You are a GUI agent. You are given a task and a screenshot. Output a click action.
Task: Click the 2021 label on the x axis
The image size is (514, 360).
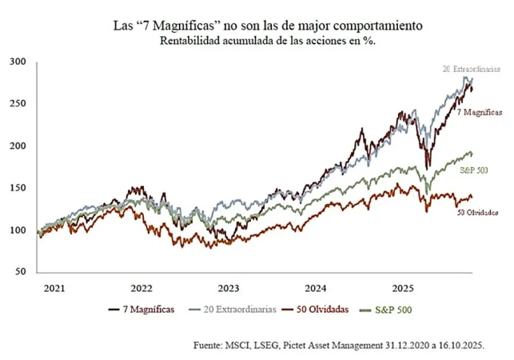pos(54,288)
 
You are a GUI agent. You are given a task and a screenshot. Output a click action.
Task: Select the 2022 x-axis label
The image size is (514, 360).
pos(141,288)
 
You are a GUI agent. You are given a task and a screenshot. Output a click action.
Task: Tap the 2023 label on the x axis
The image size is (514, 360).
pos(229,288)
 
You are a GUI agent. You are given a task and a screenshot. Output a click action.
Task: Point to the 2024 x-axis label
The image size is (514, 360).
pos(316,288)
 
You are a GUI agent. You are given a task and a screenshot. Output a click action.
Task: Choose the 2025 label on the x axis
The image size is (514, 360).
pos(403,288)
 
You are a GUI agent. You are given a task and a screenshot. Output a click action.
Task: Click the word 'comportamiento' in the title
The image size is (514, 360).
pos(375,26)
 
